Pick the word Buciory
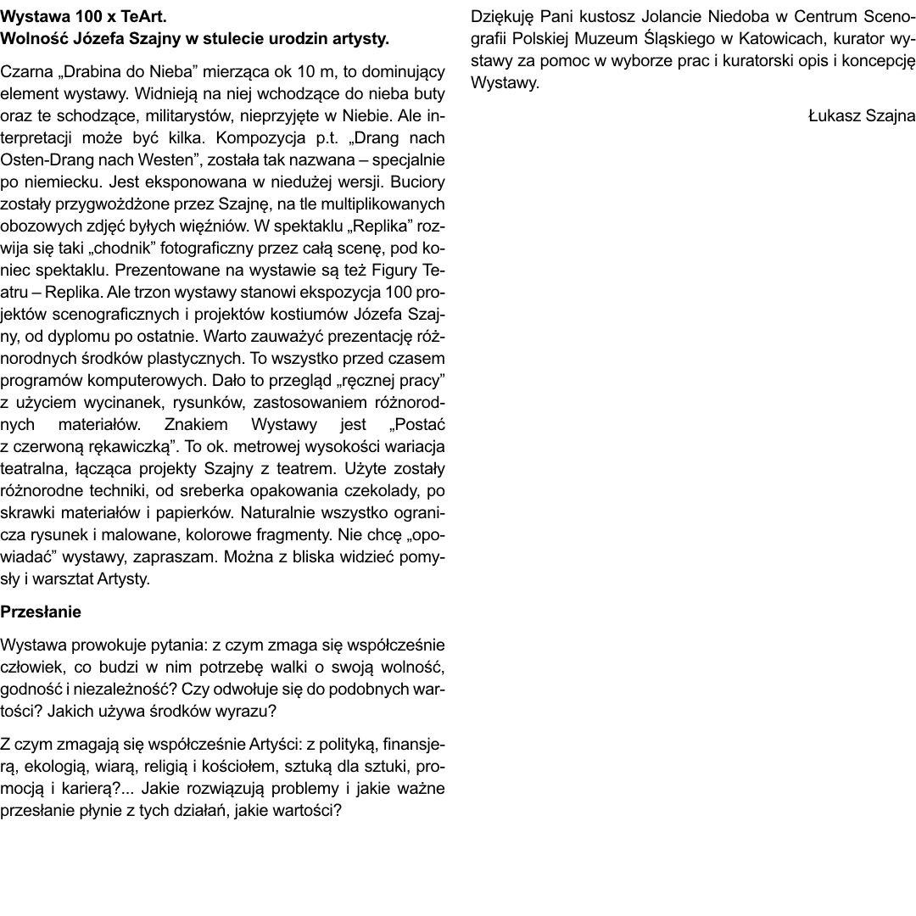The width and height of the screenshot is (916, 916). point(417,182)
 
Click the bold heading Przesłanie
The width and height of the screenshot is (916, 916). point(41,611)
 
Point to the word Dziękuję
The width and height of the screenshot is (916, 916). point(500,17)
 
